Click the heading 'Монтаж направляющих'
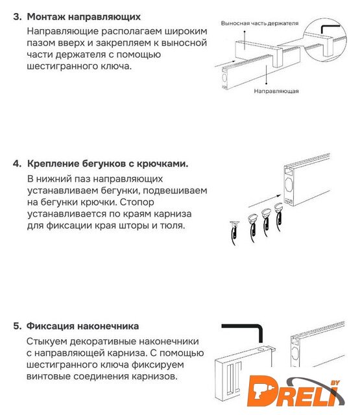coord(84,17)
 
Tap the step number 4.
coord(17,163)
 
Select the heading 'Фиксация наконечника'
coord(82,326)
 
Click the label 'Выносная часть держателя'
coord(259,23)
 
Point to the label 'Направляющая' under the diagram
coord(276,91)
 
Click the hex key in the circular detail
coord(330,29)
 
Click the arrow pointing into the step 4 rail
coord(265,201)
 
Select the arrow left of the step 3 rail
coord(225,64)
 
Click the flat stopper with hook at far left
coord(234,232)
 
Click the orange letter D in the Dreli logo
coord(262,390)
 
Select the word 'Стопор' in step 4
coord(137,202)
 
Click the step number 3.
coord(18,17)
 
